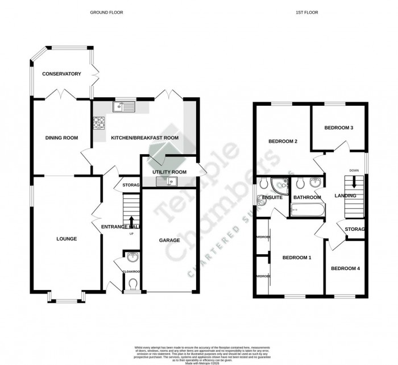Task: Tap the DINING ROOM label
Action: [x=61, y=138]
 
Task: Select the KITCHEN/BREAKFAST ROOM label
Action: [x=144, y=138]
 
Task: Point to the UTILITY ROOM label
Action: [x=169, y=172]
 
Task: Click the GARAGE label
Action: [x=169, y=240]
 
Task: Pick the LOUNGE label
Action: [x=67, y=239]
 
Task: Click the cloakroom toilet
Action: [x=133, y=283]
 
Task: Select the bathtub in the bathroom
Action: [x=307, y=211]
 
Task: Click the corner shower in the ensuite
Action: [x=279, y=185]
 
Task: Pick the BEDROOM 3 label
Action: [x=339, y=128]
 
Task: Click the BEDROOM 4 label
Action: [x=346, y=268]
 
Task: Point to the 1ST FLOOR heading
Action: [x=309, y=12]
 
